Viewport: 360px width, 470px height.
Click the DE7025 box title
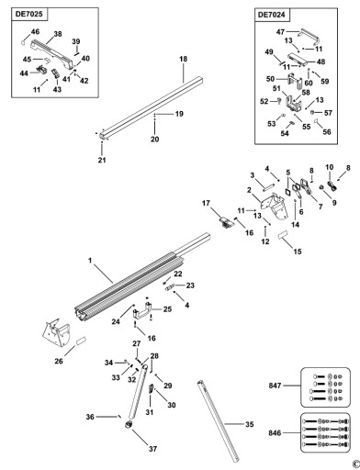pyautogui.click(x=28, y=14)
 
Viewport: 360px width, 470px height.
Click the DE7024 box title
pyautogui.click(x=272, y=15)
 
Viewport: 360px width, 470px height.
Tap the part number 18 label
pyautogui.click(x=183, y=59)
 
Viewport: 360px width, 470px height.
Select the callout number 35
pyautogui.click(x=250, y=424)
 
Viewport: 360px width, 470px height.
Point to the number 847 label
pyautogui.click(x=275, y=386)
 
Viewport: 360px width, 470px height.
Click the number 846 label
pyautogui.click(x=275, y=433)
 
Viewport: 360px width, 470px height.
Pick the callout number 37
pyautogui.click(x=152, y=449)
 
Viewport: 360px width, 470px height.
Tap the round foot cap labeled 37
pyautogui.click(x=129, y=424)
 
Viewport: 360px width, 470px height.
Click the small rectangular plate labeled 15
pyautogui.click(x=283, y=235)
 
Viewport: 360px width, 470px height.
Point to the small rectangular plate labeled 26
pyautogui.click(x=81, y=341)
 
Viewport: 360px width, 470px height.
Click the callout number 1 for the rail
pyautogui.click(x=90, y=261)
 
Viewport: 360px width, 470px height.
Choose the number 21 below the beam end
pyautogui.click(x=102, y=160)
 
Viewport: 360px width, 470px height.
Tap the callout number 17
pyautogui.click(x=206, y=203)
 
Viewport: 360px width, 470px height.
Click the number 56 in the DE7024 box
pyautogui.click(x=327, y=132)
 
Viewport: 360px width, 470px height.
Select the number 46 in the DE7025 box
pyautogui.click(x=35, y=31)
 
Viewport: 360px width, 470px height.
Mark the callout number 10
pyautogui.click(x=330, y=167)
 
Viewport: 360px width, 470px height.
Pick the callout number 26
pyautogui.click(x=59, y=361)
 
